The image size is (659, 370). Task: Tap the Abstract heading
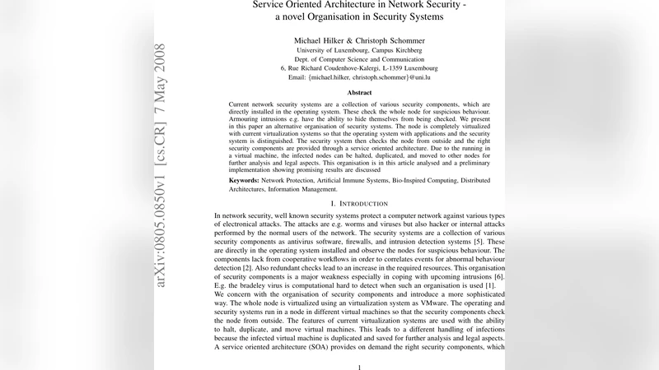tap(360, 93)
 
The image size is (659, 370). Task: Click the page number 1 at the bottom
tap(359, 367)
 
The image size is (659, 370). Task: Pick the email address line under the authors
tap(359, 76)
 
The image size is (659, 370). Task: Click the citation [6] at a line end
tap(498, 276)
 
